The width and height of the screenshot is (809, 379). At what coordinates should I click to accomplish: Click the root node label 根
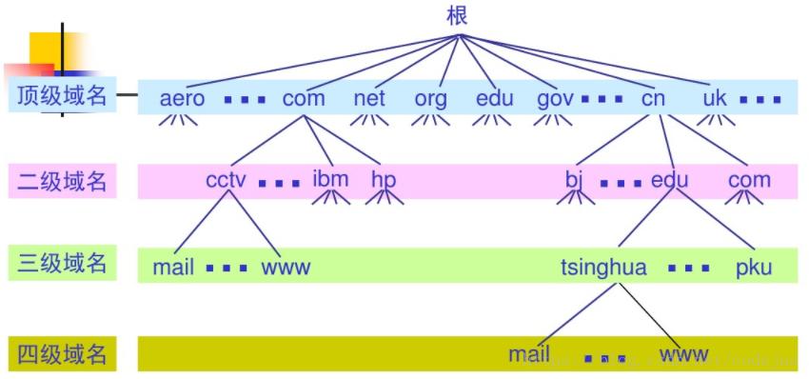point(457,16)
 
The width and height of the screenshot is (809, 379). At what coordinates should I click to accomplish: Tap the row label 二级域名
point(62,180)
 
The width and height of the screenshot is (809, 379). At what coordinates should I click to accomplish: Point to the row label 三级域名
point(62,264)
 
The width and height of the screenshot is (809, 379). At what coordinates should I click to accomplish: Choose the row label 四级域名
point(62,354)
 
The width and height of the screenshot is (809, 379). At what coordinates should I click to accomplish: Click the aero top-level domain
point(183,98)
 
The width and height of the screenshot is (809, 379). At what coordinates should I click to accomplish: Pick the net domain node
point(369,98)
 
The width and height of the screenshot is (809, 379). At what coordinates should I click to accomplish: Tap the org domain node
point(430,98)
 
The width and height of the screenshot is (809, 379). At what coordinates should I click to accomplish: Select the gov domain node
point(555,98)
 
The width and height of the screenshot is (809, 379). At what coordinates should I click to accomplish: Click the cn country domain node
point(653,98)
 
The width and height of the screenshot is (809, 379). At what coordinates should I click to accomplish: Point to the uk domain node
point(715,98)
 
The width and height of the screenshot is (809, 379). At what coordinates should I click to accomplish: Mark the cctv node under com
point(227,180)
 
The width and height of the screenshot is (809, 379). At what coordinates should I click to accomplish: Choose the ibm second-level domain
point(330,179)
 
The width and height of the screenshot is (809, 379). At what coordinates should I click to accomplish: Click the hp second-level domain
point(384,180)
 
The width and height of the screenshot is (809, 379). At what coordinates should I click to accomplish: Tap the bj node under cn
point(574,180)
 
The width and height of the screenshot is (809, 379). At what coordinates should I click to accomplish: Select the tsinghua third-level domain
point(603,268)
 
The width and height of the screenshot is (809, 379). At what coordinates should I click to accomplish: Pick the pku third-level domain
point(754,268)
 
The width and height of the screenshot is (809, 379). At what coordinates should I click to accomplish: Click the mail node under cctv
point(173,268)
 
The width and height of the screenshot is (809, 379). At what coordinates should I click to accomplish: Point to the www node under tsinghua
point(683,355)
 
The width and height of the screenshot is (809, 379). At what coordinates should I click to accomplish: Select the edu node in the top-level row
point(495,98)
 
